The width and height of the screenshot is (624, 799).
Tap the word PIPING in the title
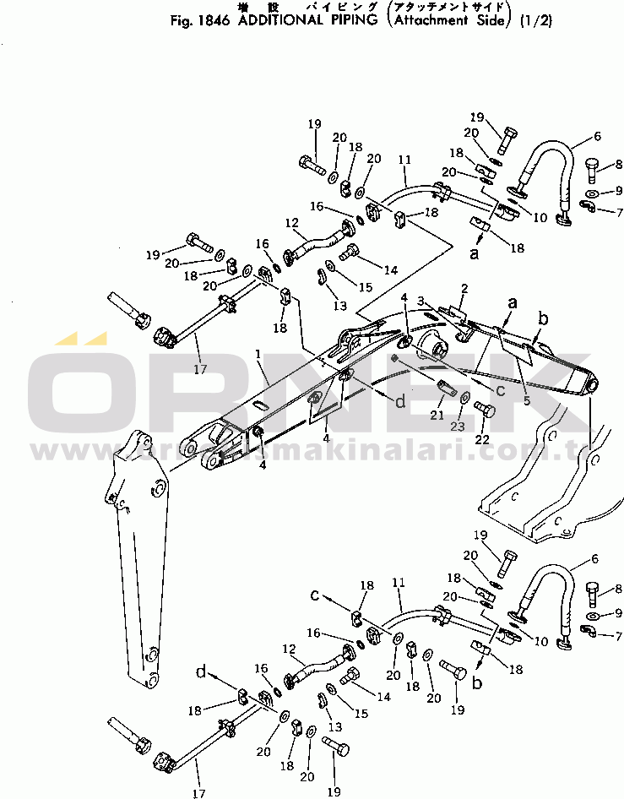click(353, 20)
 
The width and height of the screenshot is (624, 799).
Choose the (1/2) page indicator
click(534, 20)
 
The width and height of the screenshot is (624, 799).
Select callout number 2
click(464, 289)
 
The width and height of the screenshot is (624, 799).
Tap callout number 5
click(526, 401)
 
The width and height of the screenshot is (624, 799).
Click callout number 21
click(436, 415)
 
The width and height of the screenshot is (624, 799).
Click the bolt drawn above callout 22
click(485, 409)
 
